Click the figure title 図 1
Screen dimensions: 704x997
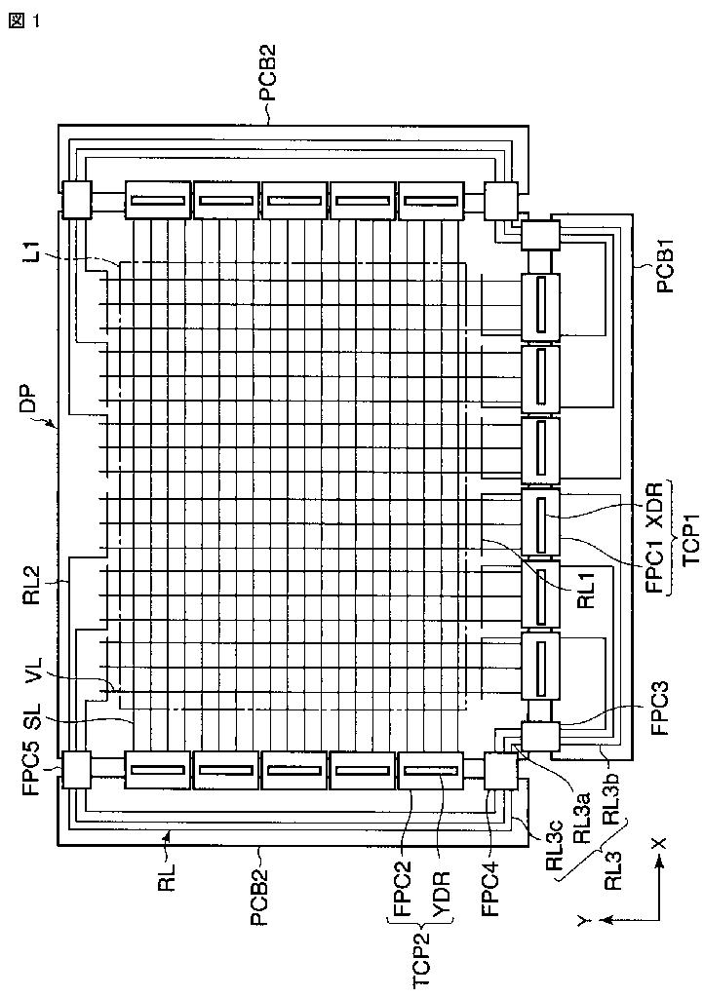click(24, 20)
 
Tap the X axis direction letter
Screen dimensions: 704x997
click(661, 843)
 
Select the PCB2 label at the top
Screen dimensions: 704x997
click(266, 74)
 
